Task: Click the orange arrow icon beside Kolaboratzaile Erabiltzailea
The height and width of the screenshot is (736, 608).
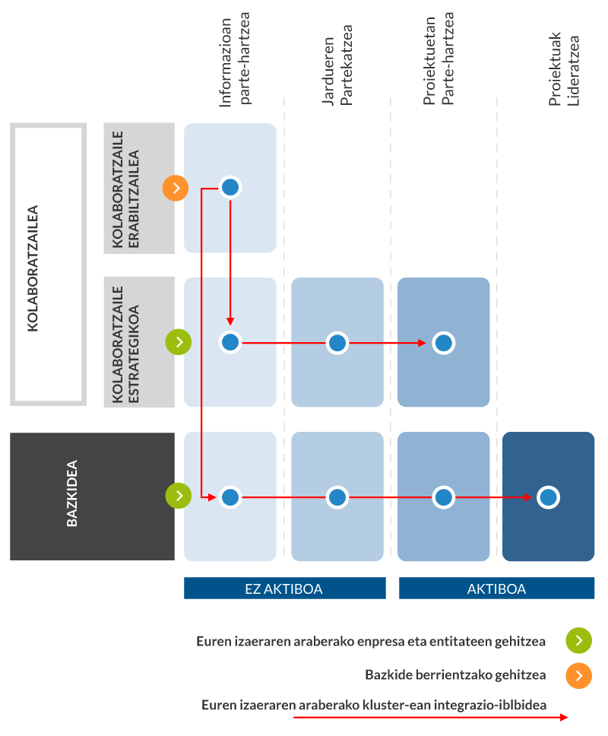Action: pyautogui.click(x=176, y=187)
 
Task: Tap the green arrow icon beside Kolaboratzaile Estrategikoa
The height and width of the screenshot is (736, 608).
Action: pyautogui.click(x=179, y=342)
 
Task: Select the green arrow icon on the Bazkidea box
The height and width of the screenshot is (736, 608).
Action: pyautogui.click(x=179, y=496)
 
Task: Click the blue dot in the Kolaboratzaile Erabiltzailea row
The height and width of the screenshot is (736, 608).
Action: pyautogui.click(x=230, y=187)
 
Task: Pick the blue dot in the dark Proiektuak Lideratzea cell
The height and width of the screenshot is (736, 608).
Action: pyautogui.click(x=548, y=497)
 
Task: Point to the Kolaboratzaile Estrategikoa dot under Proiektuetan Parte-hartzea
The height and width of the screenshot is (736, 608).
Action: pyautogui.click(x=444, y=343)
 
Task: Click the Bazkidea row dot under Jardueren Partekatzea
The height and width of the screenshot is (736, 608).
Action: pyautogui.click(x=337, y=497)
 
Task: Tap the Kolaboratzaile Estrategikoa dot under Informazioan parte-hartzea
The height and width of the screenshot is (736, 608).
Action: pyautogui.click(x=230, y=343)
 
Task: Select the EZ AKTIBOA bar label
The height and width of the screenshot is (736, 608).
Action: pyautogui.click(x=284, y=588)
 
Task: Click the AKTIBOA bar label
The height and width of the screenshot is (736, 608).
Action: pyautogui.click(x=496, y=588)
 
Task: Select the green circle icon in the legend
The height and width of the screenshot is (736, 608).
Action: pyautogui.click(x=578, y=641)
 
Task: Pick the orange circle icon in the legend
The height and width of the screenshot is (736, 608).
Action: pyautogui.click(x=578, y=675)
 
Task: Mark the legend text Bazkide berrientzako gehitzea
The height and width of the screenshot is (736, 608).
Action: pyautogui.click(x=455, y=674)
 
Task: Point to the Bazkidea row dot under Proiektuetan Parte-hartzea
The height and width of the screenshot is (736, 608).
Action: pyautogui.click(x=444, y=497)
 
